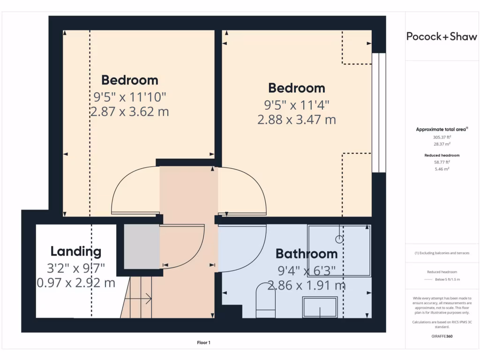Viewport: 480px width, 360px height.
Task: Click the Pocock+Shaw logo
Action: pyautogui.click(x=442, y=37)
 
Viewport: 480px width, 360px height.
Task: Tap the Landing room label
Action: pyautogui.click(x=76, y=252)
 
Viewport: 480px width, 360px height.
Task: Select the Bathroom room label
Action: pyautogui.click(x=307, y=254)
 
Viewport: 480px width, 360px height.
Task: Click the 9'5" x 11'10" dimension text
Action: pyautogui.click(x=130, y=97)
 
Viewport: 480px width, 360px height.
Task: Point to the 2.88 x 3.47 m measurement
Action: pyautogui.click(x=297, y=120)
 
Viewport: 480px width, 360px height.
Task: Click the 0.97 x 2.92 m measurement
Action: pyautogui.click(x=76, y=283)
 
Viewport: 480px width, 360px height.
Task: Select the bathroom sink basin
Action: pyautogui.click(x=320, y=307)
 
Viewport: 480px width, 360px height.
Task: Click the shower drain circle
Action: pyautogui.click(x=339, y=239)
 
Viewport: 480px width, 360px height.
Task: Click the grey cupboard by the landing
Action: pyautogui.click(x=142, y=247)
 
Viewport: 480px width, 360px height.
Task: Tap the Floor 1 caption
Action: pyautogui.click(x=203, y=343)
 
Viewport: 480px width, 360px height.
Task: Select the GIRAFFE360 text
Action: pyautogui.click(x=442, y=336)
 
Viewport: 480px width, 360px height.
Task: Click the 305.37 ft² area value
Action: pyautogui.click(x=442, y=137)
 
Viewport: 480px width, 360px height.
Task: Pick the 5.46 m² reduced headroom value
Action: pyautogui.click(x=442, y=168)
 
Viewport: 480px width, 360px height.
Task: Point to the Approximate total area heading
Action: pyautogui.click(x=442, y=129)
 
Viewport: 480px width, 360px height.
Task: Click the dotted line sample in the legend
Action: pyautogui.click(x=427, y=279)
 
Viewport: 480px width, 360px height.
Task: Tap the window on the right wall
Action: pyautogui.click(x=379, y=112)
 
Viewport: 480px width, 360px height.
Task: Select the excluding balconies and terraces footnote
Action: pyautogui.click(x=442, y=253)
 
